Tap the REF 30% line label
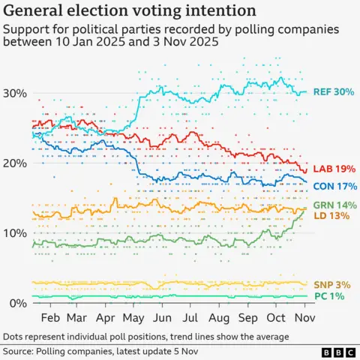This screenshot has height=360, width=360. point(333,92)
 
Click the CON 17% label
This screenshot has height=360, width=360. point(333,186)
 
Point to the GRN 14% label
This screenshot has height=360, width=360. point(333,205)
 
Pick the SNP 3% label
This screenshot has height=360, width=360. point(331,285)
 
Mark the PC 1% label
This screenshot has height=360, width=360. point(328,297)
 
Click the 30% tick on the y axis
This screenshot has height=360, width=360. point(16,93)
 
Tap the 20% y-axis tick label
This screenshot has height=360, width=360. point(16,163)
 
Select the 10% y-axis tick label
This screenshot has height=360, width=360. point(16,233)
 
